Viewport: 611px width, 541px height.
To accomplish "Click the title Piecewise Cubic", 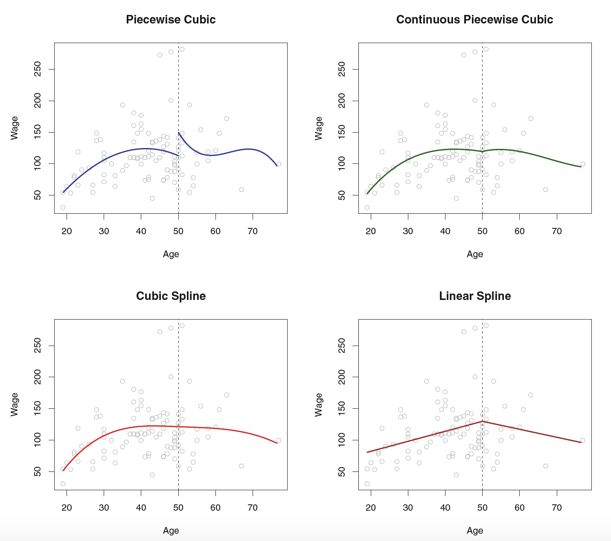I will point(171,20).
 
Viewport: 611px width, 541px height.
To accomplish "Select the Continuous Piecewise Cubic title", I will point(474,20).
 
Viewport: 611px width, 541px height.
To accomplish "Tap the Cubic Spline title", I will point(171,296).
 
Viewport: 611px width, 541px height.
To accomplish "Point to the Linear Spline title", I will point(475,296).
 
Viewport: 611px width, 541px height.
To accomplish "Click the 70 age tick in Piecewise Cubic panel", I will point(253,231).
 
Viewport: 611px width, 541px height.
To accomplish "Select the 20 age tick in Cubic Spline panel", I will point(67,508).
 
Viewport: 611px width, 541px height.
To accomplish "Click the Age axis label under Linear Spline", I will point(475,530).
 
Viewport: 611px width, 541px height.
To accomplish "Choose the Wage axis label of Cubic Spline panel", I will point(15,404).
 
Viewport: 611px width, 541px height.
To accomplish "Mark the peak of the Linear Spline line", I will point(482,422).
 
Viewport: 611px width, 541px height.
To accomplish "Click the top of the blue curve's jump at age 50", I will point(178,132).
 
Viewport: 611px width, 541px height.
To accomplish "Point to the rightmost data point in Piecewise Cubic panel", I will point(279,164).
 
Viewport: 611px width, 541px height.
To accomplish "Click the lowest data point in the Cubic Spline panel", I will point(63,484).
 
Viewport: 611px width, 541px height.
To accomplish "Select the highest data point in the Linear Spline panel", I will point(486,326).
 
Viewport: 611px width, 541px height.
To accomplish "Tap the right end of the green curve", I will point(581,167).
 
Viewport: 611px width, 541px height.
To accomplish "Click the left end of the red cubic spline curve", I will point(63,471).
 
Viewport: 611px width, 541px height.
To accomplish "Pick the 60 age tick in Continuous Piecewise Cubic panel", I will point(519,231).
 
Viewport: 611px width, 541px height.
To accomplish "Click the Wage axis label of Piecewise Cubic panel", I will point(15,128).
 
